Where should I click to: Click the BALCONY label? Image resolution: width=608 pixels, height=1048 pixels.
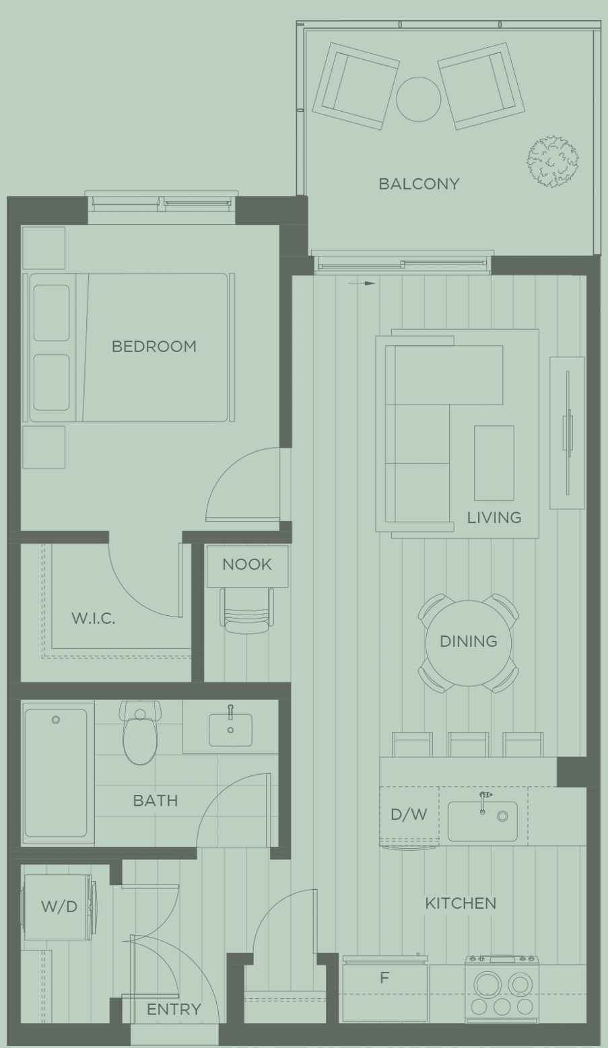419,184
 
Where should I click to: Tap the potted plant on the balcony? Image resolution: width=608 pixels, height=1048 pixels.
553,162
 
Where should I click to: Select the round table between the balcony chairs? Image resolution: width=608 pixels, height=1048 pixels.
418,99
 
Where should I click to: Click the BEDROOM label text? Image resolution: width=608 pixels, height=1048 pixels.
154,347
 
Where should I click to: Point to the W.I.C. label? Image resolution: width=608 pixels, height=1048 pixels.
93,619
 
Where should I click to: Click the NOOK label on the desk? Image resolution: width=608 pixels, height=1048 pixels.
247,565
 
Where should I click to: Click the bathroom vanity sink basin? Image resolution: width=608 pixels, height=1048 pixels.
230,730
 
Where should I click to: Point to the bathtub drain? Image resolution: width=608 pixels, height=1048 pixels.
56,720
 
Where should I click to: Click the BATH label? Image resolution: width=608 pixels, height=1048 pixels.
156,800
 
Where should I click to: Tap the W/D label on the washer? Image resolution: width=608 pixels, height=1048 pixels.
59,907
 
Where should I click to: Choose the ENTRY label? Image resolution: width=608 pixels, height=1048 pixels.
174,1009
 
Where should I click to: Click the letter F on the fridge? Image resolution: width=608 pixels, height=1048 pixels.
384,978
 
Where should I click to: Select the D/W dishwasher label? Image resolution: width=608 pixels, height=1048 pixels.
409,814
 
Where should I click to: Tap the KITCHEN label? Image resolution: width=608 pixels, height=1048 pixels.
461,903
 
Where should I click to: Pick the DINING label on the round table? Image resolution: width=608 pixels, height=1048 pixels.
469,641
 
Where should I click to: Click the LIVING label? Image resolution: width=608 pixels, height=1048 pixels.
494,518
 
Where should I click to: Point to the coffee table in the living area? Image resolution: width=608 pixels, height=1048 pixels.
494,462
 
